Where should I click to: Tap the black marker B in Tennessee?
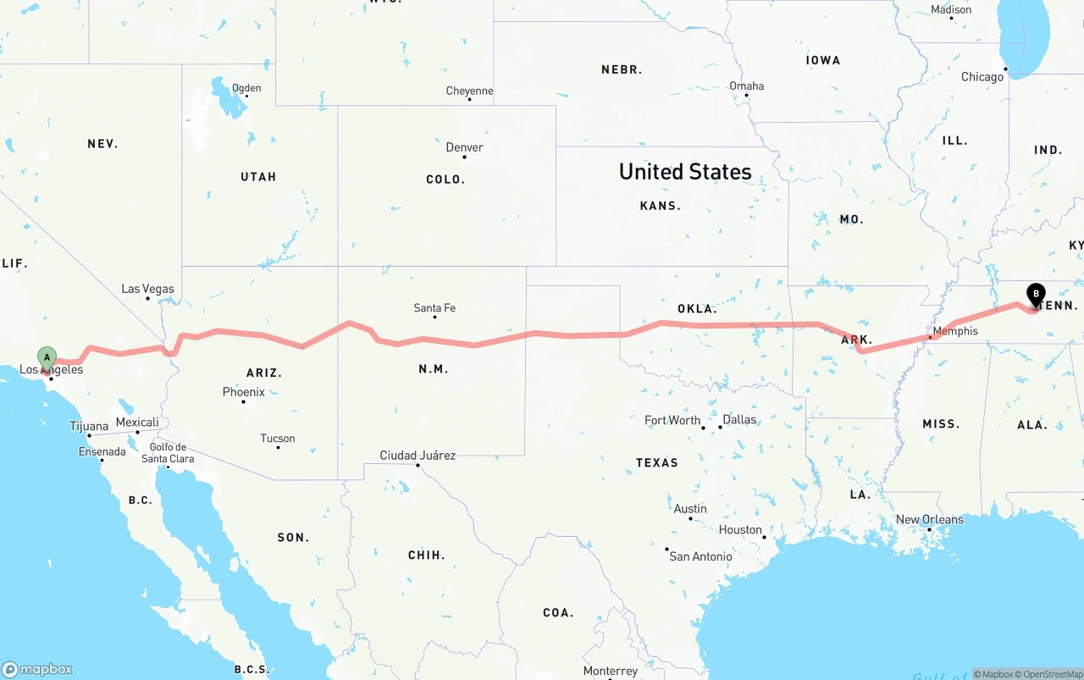click(x=1036, y=295)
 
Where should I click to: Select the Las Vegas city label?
click(x=147, y=289)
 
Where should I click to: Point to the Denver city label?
click(x=464, y=147)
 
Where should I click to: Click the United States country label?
click(x=685, y=172)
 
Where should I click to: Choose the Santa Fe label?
click(x=434, y=308)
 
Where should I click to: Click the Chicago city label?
click(x=982, y=77)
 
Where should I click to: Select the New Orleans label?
click(x=929, y=519)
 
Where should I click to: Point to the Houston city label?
click(x=741, y=530)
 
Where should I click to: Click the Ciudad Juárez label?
click(x=418, y=456)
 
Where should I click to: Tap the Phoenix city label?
click(x=244, y=392)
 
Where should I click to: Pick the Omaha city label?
click(x=746, y=86)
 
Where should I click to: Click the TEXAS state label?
click(x=657, y=462)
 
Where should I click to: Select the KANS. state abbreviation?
click(x=661, y=206)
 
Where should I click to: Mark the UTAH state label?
click(x=258, y=177)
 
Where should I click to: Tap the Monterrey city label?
click(x=610, y=672)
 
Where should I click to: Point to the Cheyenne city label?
click(x=469, y=91)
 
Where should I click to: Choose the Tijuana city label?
click(x=89, y=426)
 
